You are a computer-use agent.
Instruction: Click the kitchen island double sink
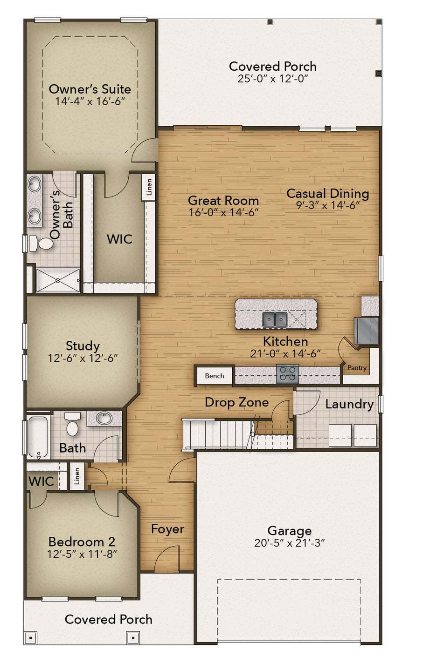274,319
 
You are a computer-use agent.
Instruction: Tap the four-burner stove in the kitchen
287,374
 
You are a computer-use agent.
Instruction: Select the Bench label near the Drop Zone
215,376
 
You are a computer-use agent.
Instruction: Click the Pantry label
357,368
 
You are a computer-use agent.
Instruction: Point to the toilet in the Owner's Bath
44,244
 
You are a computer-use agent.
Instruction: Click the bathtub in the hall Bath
37,437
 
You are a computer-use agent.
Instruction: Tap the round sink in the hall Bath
104,418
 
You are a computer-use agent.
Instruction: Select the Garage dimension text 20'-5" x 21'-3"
289,543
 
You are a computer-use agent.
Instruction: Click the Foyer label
167,529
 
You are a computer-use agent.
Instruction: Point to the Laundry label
349,404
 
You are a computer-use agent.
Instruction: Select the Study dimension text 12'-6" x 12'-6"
83,359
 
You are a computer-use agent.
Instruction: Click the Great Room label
223,201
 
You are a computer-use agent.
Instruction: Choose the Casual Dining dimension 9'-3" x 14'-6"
327,206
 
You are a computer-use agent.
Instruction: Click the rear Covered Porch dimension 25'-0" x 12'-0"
273,79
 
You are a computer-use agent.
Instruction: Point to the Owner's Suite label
90,89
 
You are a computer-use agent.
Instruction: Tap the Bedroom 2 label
82,542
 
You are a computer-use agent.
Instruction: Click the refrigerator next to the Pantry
366,331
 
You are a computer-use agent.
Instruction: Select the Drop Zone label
236,402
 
